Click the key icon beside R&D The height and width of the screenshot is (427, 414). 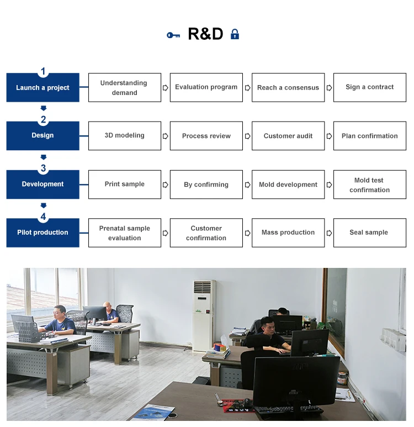(173, 35)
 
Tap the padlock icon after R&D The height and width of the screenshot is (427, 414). (235, 34)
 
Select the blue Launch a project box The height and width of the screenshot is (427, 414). (43, 87)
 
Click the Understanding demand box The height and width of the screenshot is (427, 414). (124, 87)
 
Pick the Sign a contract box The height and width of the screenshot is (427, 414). (369, 87)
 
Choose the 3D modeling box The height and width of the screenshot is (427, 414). (124, 136)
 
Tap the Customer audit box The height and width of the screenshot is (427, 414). (288, 136)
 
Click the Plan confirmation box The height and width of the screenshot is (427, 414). (369, 136)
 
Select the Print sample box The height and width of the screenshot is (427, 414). (124, 184)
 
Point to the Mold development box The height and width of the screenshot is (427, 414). (288, 184)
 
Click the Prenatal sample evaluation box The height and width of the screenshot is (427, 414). (124, 233)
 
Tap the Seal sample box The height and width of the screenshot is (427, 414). (369, 233)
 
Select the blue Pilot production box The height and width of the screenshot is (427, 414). (43, 233)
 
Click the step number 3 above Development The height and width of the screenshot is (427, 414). (43, 168)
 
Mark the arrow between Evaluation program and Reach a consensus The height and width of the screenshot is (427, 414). (247, 87)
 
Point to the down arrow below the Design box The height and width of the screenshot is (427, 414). (43, 157)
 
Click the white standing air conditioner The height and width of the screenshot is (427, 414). (204, 315)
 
